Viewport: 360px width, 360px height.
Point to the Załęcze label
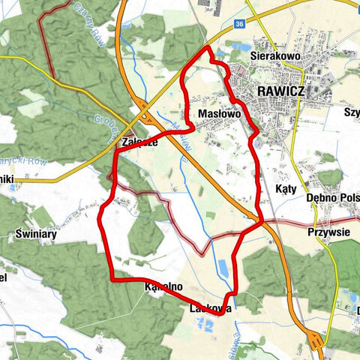click(139, 142)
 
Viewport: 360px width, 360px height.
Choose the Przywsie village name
click(329, 232)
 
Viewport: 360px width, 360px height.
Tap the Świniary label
click(32, 233)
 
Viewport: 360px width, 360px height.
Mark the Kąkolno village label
click(163, 286)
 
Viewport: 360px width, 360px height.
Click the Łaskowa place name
click(211, 307)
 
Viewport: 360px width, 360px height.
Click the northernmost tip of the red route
click(207, 47)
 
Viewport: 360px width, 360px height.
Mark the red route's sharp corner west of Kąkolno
click(112, 279)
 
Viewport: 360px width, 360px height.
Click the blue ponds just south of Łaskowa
click(205, 325)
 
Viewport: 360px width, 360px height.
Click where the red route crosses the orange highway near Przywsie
click(259, 222)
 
